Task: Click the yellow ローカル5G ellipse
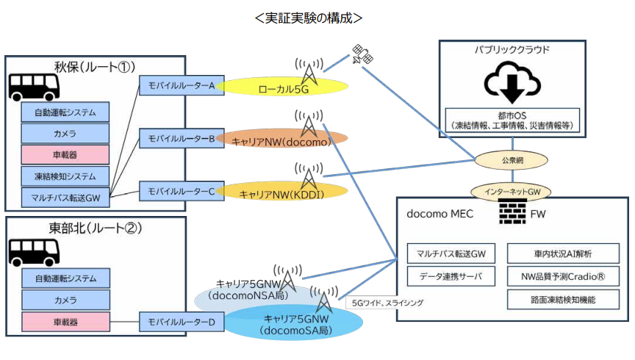coord(283,88)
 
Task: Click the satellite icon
coord(362,54)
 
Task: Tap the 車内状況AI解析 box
coord(563,253)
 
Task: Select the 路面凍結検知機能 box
coord(563,299)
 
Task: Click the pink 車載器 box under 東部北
coord(65,321)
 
